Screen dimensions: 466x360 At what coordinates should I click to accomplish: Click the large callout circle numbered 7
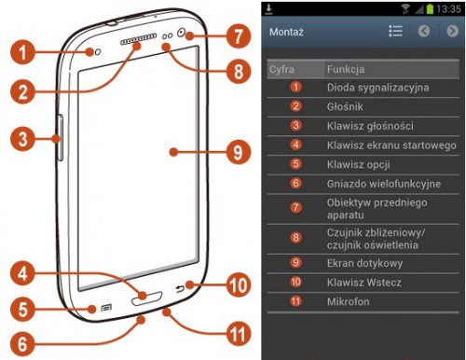tap(239, 36)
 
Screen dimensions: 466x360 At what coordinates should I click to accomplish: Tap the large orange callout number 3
tap(22, 139)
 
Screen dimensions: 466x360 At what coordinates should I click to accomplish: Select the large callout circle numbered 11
tap(239, 335)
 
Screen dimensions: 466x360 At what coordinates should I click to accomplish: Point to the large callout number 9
tap(239, 152)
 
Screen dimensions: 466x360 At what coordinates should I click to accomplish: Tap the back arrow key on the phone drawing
tap(180, 289)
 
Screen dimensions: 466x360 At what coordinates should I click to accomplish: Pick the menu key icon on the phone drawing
tap(106, 308)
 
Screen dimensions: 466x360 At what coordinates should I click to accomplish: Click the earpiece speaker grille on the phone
tap(138, 39)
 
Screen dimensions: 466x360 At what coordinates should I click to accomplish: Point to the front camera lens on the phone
tap(182, 32)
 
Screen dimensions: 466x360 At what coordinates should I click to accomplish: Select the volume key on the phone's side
tap(61, 138)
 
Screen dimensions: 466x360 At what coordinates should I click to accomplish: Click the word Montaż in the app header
tap(286, 32)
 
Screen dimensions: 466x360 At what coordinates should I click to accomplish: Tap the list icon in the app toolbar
tap(395, 31)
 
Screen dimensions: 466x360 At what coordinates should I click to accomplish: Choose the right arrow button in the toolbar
tap(452, 31)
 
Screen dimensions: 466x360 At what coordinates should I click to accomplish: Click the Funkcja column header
tap(346, 69)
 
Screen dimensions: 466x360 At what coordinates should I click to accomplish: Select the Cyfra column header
tap(281, 69)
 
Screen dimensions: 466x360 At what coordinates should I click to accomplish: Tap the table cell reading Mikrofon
tap(349, 301)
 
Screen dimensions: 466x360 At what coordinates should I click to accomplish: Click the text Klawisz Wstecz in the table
tap(364, 283)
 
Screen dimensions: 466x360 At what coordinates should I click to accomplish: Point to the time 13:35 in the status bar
tap(448, 8)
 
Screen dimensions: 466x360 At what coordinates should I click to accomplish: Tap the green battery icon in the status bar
tap(430, 8)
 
